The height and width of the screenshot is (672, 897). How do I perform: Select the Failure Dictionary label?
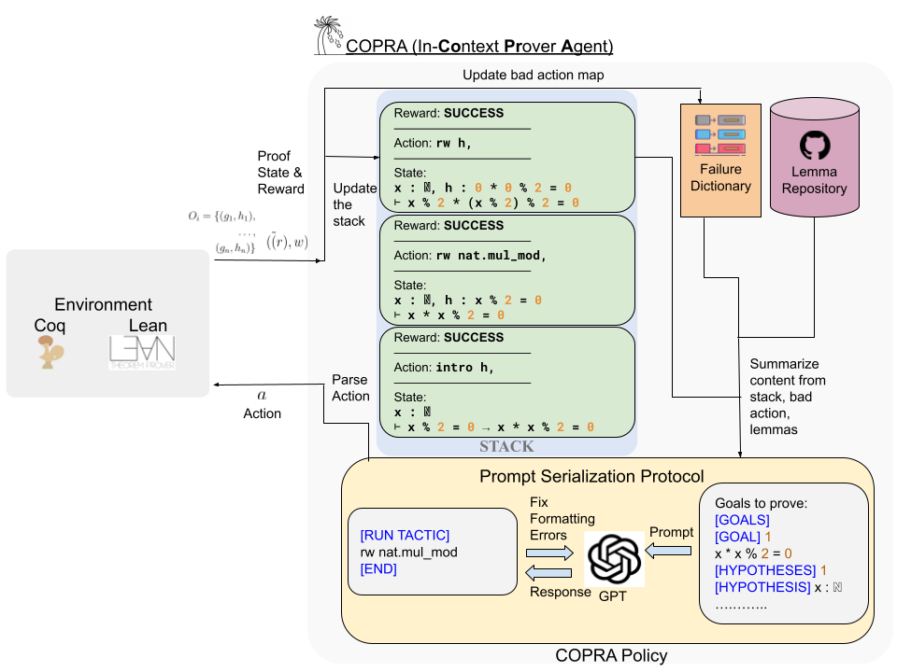click(720, 177)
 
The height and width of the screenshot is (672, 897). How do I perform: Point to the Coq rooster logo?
click(50, 354)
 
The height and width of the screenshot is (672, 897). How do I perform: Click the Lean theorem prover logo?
click(141, 353)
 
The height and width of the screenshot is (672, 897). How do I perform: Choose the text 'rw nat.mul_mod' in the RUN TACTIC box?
click(409, 552)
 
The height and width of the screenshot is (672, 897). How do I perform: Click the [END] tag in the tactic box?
click(378, 568)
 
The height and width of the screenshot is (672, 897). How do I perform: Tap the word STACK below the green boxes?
click(507, 446)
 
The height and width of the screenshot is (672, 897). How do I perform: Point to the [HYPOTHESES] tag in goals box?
click(760, 569)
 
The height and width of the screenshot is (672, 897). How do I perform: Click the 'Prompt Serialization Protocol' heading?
click(591, 477)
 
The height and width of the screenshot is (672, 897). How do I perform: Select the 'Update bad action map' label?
click(534, 74)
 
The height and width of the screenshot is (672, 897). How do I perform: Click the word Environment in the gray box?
click(103, 304)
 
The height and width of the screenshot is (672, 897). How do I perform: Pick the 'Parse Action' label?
click(351, 387)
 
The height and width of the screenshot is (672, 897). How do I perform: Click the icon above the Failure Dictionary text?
click(720, 135)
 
